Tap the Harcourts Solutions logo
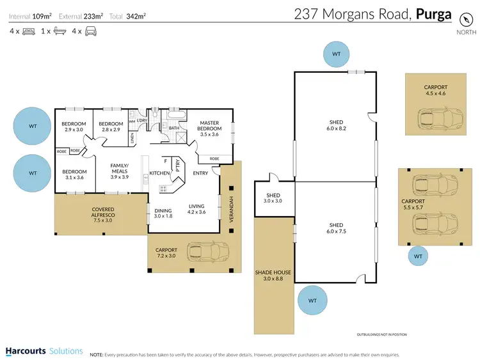pyautogui.click(x=44, y=351)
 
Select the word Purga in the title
pyautogui.click(x=434, y=14)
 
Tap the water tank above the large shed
pyautogui.click(x=336, y=54)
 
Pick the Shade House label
pyautogui.click(x=273, y=276)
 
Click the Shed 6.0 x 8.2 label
pyautogui.click(x=336, y=125)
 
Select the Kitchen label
pyautogui.click(x=159, y=173)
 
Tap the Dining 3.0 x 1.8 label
pyautogui.click(x=163, y=213)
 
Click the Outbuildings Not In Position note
pyautogui.click(x=381, y=334)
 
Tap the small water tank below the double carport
pyautogui.click(x=418, y=256)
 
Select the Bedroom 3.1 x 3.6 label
pyautogui.click(x=74, y=175)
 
